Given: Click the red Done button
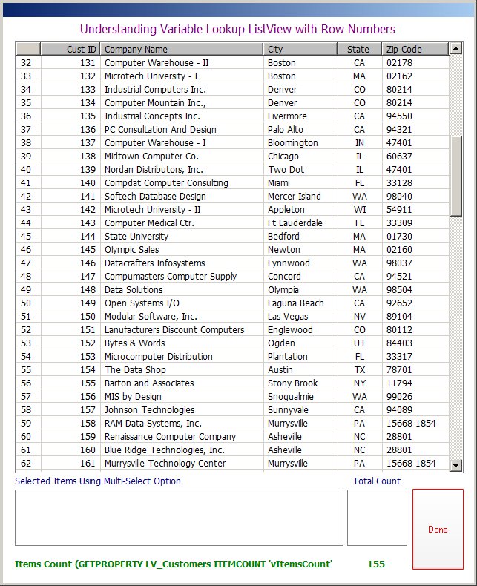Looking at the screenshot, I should tap(438, 530).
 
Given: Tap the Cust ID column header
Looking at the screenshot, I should tap(71, 50).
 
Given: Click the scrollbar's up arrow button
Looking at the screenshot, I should tap(456, 50).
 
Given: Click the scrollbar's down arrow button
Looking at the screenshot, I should tap(456, 465).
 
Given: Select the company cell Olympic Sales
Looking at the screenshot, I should tap(131, 250).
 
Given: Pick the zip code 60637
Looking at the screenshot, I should tap(399, 157).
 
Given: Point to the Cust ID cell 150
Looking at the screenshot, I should tap(88, 317).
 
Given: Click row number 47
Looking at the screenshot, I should tap(26, 263).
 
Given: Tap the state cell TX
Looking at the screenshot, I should tap(359, 370).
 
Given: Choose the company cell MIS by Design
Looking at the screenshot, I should tap(133, 397).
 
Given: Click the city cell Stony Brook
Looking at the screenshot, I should tap(292, 383).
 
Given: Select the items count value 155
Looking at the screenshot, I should tap(376, 564).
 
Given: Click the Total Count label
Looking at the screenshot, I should tap(376, 481).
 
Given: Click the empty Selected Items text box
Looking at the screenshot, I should tap(179, 517).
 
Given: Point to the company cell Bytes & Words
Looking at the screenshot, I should tap(134, 343).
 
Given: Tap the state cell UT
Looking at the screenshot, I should tap(359, 343).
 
